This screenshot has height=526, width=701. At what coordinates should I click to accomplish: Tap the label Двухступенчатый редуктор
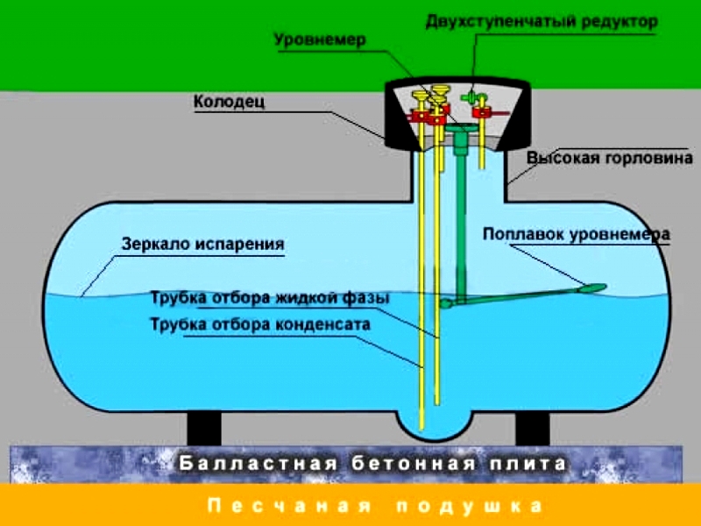coord(541,22)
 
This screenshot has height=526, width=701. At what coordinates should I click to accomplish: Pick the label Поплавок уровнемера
coord(576,234)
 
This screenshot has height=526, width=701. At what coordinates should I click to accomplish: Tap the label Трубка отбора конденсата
coord(260,324)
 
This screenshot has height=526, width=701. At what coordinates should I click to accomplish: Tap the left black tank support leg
coord(203,429)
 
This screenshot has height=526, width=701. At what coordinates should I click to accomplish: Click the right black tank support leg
coord(532,429)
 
